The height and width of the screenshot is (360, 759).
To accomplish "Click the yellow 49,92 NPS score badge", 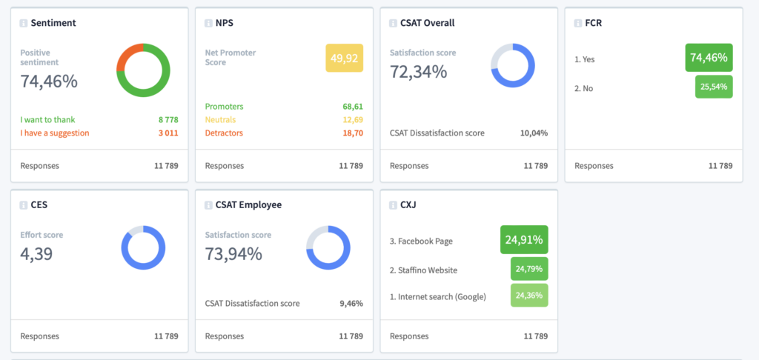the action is [x=344, y=58].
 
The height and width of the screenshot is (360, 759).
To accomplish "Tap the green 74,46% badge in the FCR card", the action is [x=709, y=58].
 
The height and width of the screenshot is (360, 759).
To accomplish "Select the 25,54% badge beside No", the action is [x=714, y=87].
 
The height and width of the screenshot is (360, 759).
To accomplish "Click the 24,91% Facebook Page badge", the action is [x=524, y=239].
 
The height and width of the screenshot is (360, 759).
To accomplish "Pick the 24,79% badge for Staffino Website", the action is [x=529, y=269].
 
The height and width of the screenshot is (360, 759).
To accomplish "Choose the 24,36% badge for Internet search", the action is [x=529, y=295].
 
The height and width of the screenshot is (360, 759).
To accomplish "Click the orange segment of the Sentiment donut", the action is [x=129, y=56].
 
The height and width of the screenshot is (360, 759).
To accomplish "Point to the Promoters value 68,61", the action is [x=353, y=107].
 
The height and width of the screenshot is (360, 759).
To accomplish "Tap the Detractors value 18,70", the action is [x=353, y=133].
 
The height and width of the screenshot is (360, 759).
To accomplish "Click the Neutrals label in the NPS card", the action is [x=220, y=119].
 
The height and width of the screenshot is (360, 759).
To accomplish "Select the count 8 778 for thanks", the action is [x=168, y=119].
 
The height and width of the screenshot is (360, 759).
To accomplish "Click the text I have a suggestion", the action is [x=55, y=133].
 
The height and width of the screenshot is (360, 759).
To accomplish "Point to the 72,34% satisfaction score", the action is [x=418, y=72].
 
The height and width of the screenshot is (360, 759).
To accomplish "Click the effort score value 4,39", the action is [x=36, y=253].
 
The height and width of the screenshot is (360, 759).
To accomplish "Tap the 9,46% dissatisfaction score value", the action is [x=351, y=304].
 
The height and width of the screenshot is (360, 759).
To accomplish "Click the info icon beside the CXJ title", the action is [x=393, y=205].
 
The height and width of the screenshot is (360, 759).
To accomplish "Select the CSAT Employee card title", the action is [x=249, y=204].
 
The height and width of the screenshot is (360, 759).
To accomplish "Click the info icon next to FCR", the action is [x=578, y=23].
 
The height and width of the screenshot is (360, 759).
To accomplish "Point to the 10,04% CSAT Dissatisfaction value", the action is [x=534, y=133].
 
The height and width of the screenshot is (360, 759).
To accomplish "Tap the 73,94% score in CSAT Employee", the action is [x=233, y=253].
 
